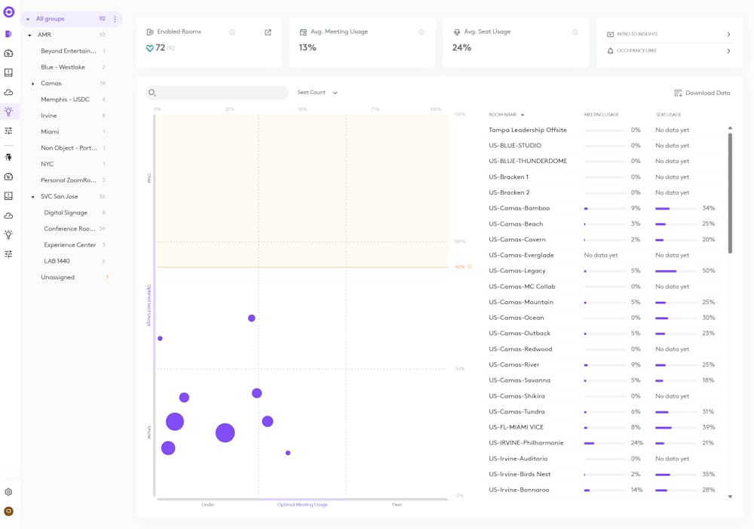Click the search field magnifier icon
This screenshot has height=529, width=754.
pos(152,93)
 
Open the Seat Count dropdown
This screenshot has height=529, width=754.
pos(317,93)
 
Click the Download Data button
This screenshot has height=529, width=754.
pos(702,93)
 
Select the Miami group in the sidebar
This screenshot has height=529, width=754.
pos(50,132)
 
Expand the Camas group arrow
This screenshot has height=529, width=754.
pos(33,84)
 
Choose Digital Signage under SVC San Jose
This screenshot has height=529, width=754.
pos(66,213)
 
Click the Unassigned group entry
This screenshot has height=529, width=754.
pos(57,278)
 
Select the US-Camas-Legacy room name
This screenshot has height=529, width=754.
pos(516,271)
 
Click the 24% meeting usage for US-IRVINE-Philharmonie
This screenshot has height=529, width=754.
pos(637,443)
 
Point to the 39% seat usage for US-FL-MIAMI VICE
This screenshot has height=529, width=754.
pos(708,427)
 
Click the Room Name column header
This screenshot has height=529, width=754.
pos(503,115)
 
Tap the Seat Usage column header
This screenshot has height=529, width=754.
pos(668,115)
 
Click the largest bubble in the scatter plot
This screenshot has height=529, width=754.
pos(225,432)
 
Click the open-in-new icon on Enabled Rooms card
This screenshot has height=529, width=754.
pos(268,32)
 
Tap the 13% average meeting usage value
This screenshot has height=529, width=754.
pos(307,48)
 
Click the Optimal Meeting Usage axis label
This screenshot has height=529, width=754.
pos(302,505)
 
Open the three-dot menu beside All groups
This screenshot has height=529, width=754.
pos(115,19)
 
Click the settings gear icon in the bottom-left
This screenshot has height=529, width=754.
pos(8,492)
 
